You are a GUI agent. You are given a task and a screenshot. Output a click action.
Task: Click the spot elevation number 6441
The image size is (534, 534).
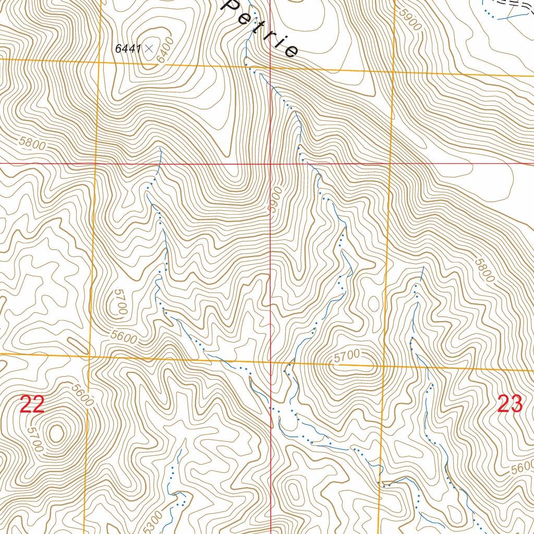[127, 48]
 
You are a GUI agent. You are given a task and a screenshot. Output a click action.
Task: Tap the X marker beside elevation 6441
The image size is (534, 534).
[149, 48]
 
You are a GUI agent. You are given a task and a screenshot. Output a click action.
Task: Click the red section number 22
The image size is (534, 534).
[32, 405]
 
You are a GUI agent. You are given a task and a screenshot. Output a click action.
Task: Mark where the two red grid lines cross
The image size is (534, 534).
[270, 163]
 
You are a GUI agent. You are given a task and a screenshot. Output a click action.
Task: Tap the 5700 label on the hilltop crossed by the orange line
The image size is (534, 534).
[347, 356]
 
